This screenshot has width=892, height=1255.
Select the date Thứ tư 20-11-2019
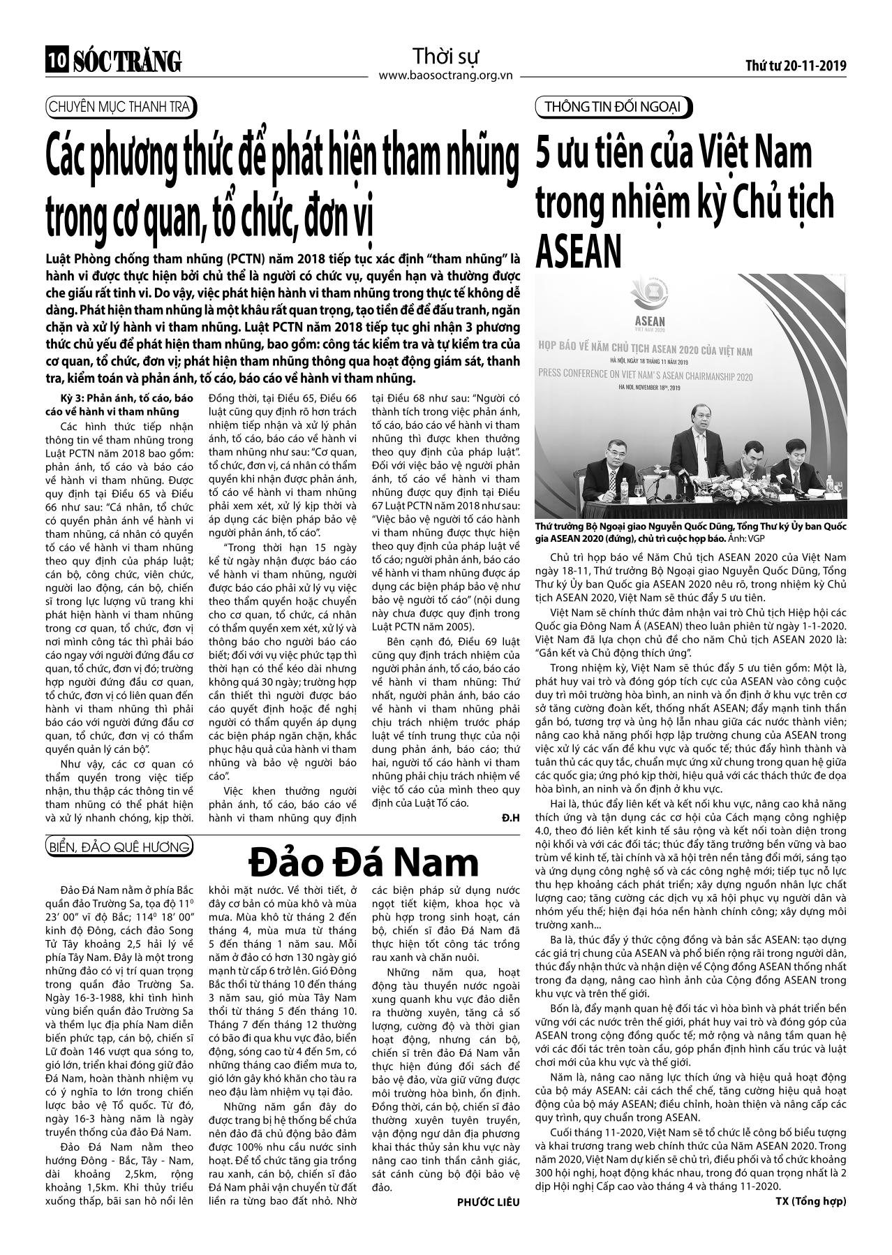(796, 66)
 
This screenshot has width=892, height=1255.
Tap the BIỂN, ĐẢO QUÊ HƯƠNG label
(119, 847)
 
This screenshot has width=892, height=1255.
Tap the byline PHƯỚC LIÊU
(489, 928)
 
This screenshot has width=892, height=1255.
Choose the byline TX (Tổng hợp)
(810, 927)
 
